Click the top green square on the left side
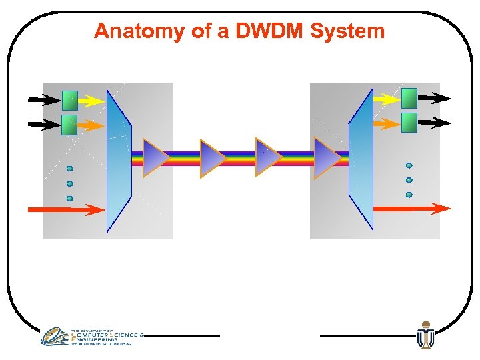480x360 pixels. pos(69,101)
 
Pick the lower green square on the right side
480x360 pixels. pos(409,123)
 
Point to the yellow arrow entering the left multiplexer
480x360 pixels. pos(91,101)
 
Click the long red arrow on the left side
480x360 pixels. pos(67,209)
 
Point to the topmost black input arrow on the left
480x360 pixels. pos(43,101)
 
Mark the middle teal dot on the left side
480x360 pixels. pos(69,183)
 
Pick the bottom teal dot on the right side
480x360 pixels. pos(409,195)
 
